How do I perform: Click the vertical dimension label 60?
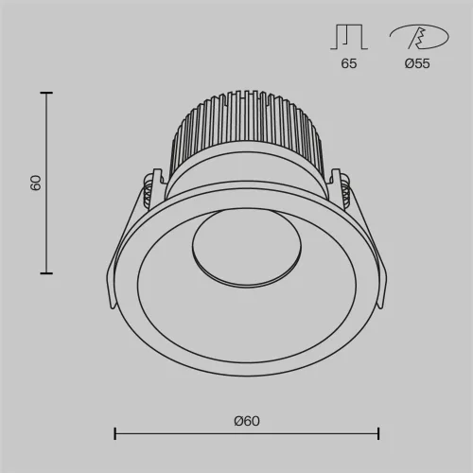click(x=35, y=183)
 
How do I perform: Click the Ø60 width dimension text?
click(x=246, y=421)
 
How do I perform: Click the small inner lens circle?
click(x=246, y=251)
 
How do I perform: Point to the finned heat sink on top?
click(x=246, y=132)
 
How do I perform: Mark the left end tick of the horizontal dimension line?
click(x=114, y=434)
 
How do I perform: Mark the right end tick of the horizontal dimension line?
click(x=378, y=434)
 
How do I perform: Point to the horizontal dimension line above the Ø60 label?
click(x=246, y=434)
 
